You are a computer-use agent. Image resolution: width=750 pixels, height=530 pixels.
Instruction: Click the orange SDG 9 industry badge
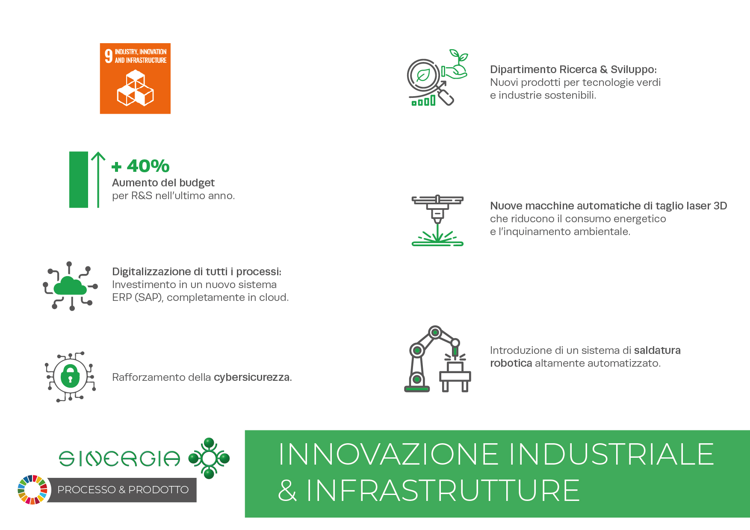135,79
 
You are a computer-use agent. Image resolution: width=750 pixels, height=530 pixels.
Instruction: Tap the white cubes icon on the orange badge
135,88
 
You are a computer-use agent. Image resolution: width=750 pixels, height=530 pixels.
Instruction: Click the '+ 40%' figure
141,166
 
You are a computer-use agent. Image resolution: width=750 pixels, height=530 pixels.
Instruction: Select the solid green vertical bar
79,180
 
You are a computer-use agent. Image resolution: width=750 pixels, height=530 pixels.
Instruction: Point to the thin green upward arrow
98,180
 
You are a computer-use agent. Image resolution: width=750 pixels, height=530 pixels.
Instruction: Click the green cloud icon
71,286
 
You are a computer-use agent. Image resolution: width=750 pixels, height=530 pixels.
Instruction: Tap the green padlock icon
70,376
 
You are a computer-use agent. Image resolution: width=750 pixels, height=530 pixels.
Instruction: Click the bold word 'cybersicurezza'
252,377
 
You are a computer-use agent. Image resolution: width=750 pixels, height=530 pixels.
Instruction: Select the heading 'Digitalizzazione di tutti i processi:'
197,272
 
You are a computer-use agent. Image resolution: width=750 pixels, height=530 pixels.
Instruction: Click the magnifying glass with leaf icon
428,80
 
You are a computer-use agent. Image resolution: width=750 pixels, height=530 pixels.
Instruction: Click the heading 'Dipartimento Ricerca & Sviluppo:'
573,70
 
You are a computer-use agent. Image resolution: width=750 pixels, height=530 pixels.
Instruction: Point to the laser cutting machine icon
437,221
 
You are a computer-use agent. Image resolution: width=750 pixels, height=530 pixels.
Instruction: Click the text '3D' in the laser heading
720,206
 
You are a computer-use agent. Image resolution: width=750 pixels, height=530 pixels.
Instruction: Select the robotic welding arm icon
437,359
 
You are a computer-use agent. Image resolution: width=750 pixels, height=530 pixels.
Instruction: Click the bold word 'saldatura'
657,350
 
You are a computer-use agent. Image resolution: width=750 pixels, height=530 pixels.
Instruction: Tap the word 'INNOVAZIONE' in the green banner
389,454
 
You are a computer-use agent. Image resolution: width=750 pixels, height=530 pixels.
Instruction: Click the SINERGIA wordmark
120,459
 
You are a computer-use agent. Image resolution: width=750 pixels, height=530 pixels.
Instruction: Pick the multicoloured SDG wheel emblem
32,490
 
